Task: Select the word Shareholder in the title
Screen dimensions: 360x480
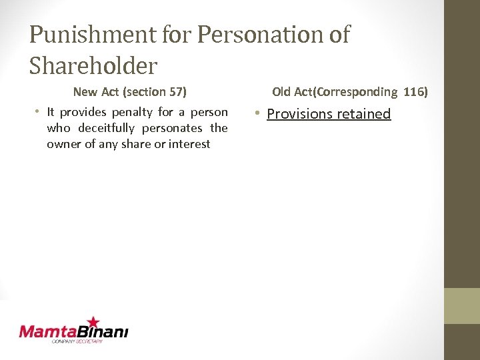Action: point(93,65)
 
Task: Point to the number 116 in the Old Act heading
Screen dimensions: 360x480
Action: point(413,91)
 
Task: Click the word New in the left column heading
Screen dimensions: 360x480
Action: point(85,91)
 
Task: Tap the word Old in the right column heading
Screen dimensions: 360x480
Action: point(282,91)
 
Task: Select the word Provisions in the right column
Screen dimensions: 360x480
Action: point(299,114)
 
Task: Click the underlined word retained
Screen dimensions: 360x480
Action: point(363,114)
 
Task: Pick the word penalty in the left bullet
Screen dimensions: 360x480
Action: point(134,112)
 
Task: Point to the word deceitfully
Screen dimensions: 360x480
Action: point(106,128)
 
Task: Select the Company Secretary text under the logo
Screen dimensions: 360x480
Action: point(77,341)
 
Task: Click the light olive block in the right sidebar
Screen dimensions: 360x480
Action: point(462,305)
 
